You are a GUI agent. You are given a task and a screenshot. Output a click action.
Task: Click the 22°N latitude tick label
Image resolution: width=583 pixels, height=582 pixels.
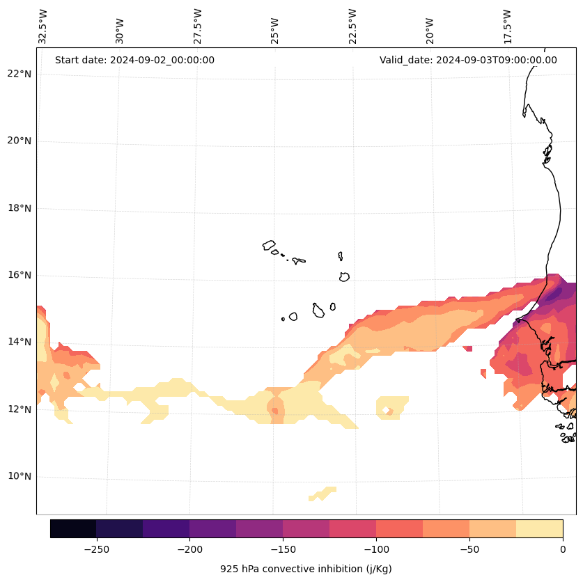coord(17,74)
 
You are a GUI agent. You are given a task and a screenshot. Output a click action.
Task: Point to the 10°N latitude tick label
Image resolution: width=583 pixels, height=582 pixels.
coord(17,476)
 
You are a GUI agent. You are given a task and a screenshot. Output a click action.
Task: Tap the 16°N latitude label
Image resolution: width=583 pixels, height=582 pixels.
coord(17,275)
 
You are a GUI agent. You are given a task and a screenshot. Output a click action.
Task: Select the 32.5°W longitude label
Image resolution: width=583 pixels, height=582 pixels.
coord(43,26)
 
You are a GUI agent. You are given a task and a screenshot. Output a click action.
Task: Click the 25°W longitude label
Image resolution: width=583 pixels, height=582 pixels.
coord(275,31)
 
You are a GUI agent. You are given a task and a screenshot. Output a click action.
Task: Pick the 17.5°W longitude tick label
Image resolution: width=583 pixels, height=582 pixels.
coord(507,26)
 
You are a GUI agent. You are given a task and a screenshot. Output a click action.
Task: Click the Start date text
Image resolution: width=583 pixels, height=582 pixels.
coord(134,60)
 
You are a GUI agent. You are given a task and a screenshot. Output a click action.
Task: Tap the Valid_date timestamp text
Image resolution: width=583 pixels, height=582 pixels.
coord(468,60)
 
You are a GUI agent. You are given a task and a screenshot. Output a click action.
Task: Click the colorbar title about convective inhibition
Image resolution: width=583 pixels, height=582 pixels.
coord(306,569)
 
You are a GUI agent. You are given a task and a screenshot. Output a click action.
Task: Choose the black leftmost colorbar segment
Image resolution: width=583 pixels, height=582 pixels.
coord(73,528)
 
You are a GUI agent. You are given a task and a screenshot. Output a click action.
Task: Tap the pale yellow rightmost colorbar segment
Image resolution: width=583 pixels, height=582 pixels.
coord(539,528)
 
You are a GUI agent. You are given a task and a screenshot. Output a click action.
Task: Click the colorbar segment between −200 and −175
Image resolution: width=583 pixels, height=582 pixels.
coord(212,528)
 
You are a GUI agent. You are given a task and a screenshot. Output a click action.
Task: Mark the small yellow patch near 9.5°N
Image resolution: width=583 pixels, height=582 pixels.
coord(322,494)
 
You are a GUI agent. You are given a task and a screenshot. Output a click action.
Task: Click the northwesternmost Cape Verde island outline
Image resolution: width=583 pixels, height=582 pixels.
coord(269,245)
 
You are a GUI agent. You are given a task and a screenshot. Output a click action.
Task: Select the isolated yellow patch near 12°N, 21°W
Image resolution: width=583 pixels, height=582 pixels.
coord(392,407)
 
